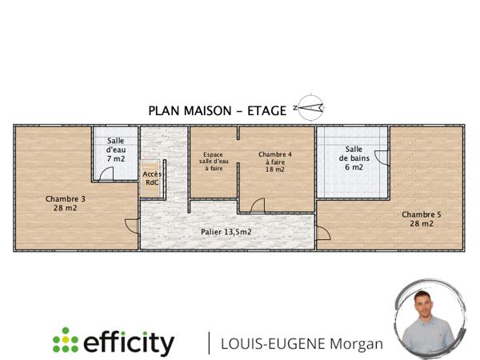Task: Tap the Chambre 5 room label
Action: click(421, 219)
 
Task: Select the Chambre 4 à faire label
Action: click(274, 161)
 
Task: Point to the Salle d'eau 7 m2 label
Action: click(116, 150)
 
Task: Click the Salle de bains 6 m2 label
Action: click(354, 158)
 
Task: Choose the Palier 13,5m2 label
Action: click(226, 232)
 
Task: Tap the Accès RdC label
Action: click(151, 178)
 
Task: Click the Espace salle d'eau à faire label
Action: click(213, 162)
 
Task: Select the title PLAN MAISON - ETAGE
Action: click(217, 110)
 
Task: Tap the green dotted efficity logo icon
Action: click(65, 342)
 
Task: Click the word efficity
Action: click(128, 342)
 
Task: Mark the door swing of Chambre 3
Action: click(133, 226)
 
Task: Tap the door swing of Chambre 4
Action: click(258, 206)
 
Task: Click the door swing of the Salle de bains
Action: click(382, 158)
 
